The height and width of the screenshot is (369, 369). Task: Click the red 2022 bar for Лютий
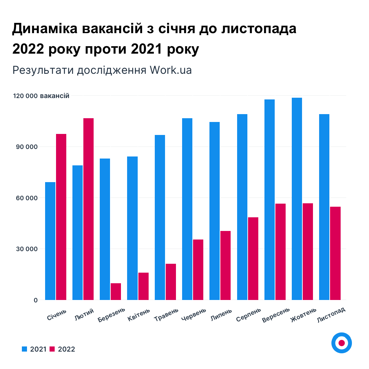88,209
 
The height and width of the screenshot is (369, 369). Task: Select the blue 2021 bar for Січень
50,241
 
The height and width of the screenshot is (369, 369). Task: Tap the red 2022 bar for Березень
116,291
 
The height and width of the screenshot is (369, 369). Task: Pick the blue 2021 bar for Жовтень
297,199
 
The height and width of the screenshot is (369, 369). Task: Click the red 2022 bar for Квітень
143,286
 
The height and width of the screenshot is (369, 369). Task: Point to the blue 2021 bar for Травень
160,217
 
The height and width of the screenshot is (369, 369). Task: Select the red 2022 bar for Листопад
335,253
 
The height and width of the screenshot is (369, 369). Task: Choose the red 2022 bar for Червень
198,270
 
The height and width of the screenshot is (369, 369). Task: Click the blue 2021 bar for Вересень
270,200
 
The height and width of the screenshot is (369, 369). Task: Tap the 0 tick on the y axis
35,300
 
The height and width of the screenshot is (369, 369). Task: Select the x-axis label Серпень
249,315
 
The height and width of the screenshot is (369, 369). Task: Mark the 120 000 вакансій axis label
41,96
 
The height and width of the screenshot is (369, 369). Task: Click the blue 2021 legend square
24,349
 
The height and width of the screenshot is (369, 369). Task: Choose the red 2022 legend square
52,349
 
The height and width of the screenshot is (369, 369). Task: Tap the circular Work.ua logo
341,343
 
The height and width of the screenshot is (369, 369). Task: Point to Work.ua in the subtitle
170,70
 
